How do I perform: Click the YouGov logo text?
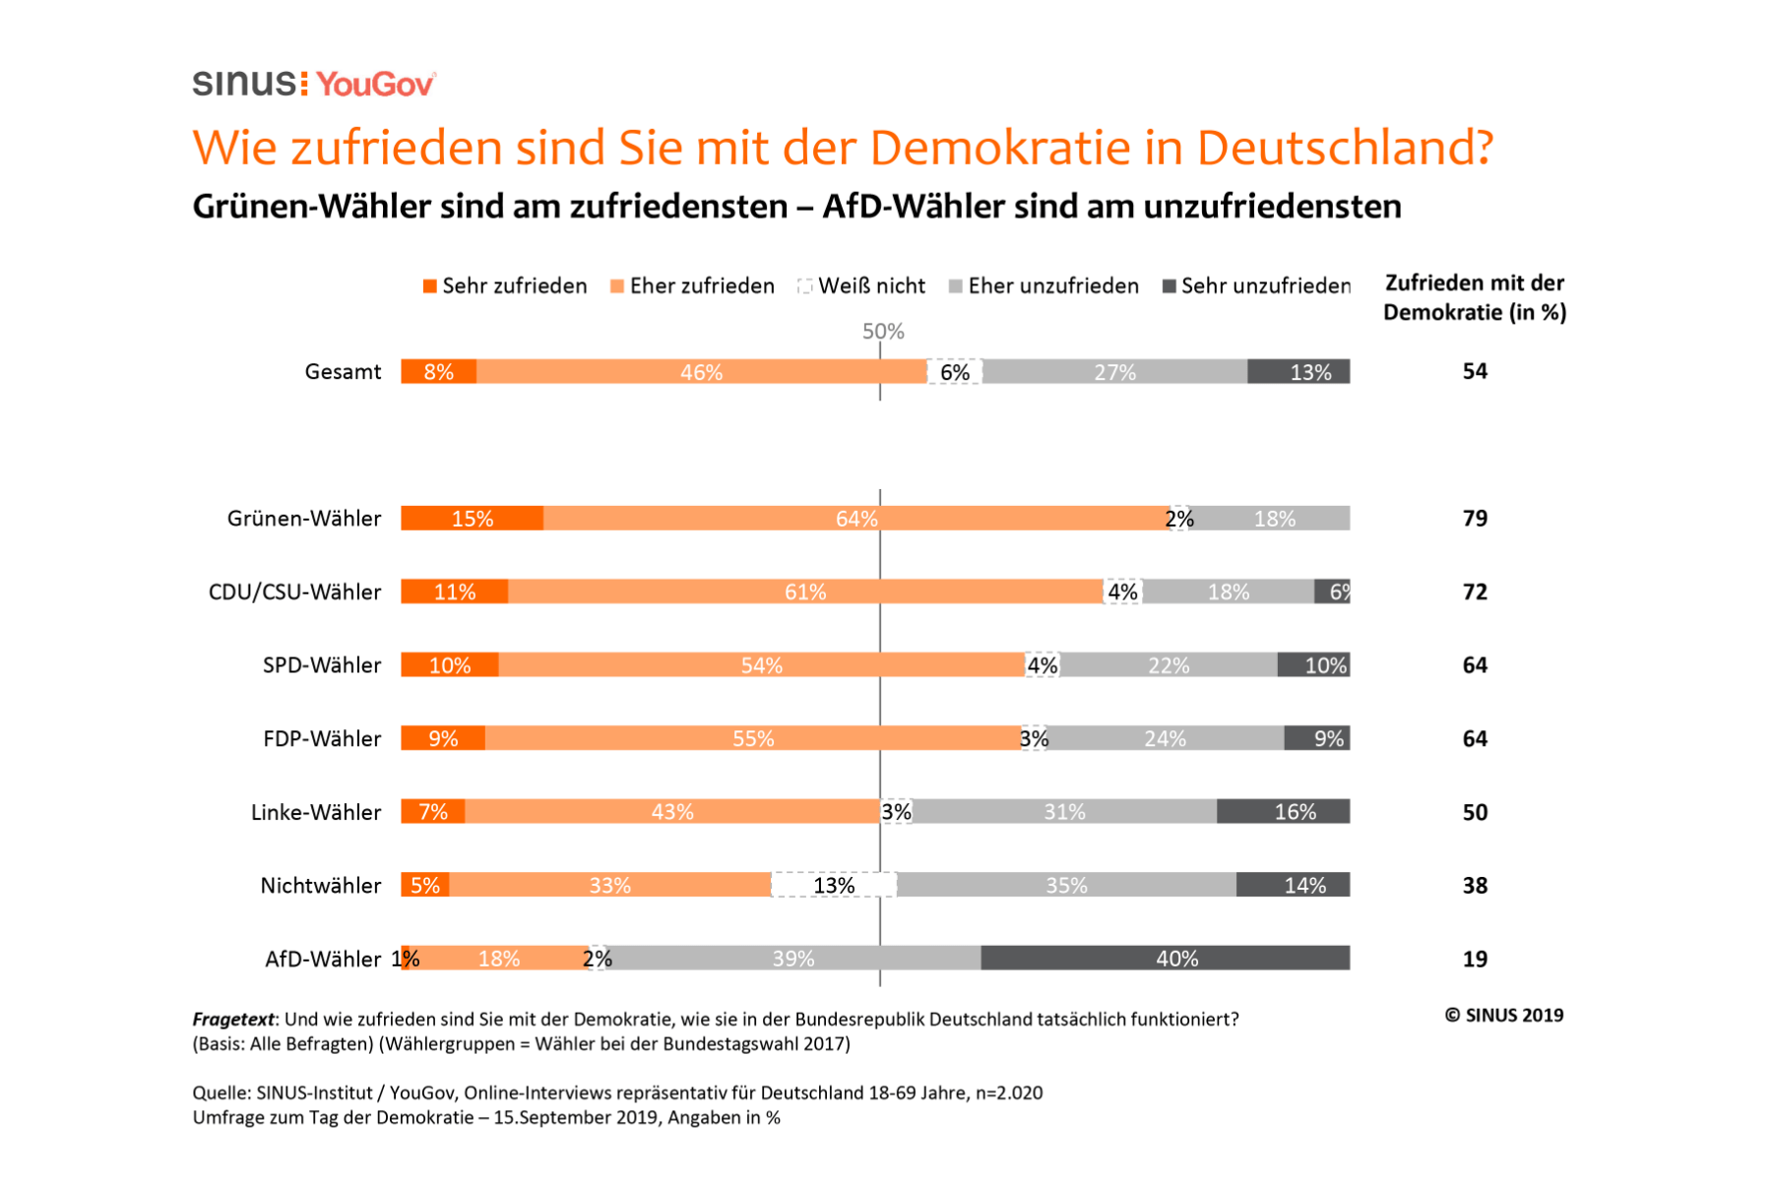(375, 85)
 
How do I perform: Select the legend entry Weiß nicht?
(862, 286)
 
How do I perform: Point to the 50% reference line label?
(882, 332)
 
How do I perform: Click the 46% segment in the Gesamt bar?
(701, 372)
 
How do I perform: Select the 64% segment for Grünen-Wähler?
(855, 519)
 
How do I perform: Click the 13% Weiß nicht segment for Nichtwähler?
(834, 885)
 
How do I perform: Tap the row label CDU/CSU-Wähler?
(294, 592)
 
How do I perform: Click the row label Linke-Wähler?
(315, 813)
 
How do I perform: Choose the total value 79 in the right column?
(1474, 519)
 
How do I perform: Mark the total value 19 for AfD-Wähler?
(1474, 959)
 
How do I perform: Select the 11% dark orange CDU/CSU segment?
(454, 592)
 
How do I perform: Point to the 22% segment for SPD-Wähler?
(1168, 665)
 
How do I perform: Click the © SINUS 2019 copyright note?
(1503, 1016)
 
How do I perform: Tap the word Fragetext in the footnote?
(233, 1020)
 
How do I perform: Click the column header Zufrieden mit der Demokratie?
(1474, 297)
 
